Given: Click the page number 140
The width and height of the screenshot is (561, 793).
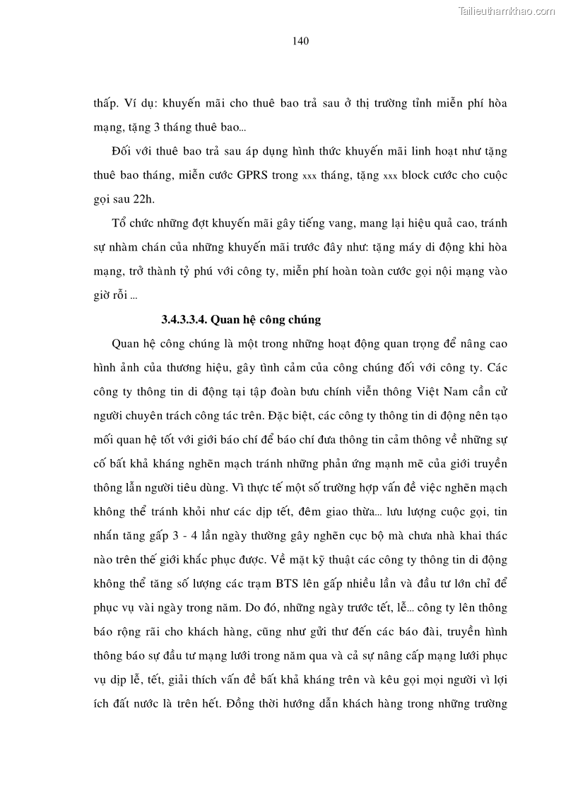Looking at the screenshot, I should pos(300,41).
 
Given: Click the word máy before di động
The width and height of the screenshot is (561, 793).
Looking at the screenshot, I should pos(413,248).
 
